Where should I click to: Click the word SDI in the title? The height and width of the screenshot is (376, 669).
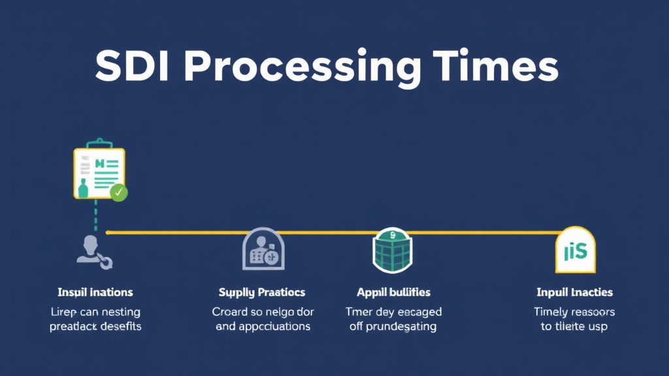(x=133, y=65)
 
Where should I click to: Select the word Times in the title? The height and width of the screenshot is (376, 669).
(x=496, y=65)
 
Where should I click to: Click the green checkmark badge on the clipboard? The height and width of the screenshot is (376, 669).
(x=119, y=193)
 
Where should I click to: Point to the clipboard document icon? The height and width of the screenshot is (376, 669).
(x=98, y=172)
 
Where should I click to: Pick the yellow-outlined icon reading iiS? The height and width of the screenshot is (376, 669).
(x=575, y=251)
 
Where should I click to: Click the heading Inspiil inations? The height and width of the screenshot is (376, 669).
(x=95, y=292)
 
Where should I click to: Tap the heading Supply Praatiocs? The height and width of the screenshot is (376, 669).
(x=262, y=292)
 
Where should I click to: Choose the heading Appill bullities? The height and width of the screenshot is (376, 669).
(x=393, y=292)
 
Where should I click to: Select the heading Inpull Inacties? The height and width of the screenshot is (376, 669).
(x=574, y=292)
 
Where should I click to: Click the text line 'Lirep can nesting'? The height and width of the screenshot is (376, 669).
(x=95, y=312)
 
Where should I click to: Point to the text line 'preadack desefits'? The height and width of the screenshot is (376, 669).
(x=95, y=326)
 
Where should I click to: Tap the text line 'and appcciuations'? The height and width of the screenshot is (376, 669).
(x=263, y=326)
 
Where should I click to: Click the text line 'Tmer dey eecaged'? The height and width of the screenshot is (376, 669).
(x=393, y=312)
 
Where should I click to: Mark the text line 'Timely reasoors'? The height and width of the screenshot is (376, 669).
(x=574, y=312)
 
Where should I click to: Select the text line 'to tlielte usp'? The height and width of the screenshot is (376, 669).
(x=574, y=326)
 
